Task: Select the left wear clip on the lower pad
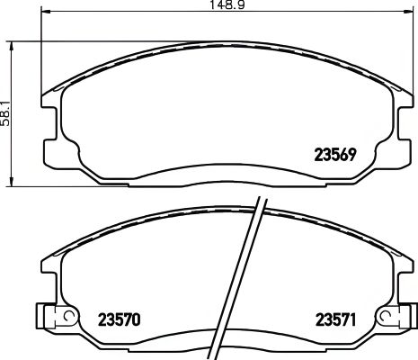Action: click(51, 317)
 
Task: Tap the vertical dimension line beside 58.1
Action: click(11, 113)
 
